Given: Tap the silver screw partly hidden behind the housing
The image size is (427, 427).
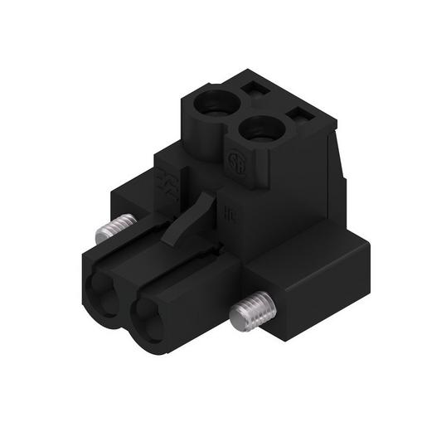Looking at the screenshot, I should click(x=115, y=229).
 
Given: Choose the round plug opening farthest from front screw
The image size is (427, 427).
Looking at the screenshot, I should click(x=104, y=295).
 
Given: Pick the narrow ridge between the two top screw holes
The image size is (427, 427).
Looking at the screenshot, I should click(x=241, y=116).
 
